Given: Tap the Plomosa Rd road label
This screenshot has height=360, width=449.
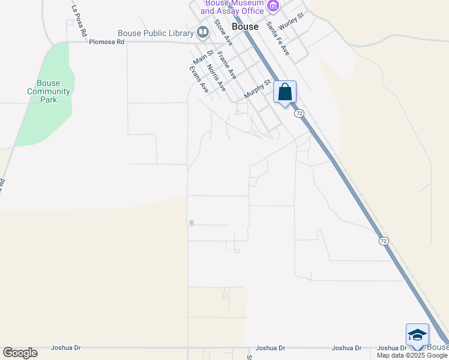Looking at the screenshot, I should click(106, 42).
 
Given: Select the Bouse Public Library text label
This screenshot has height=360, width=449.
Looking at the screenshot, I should click(155, 33).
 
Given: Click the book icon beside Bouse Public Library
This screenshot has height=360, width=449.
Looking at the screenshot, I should click(203, 32).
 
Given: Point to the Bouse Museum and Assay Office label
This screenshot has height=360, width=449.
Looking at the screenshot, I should click(234, 7).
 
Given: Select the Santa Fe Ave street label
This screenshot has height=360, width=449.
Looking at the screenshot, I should click(279, 38).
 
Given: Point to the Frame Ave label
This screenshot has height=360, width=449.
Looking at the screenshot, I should click(227, 65).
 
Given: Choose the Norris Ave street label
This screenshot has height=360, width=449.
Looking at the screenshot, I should click(216, 77).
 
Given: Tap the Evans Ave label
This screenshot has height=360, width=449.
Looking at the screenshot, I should click(199, 79).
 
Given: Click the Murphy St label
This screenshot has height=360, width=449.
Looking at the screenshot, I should click(258, 91).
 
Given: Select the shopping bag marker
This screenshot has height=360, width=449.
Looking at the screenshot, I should click(285, 93).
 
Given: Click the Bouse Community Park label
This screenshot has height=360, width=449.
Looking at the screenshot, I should click(49, 92).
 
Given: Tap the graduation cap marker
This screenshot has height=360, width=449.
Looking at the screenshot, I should click(417, 335).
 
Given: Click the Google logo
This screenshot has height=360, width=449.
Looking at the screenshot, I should click(20, 352).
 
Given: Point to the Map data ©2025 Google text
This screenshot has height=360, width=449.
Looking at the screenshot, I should click(412, 355).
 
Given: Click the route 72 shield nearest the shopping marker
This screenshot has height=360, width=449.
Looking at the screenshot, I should click(299, 113).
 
